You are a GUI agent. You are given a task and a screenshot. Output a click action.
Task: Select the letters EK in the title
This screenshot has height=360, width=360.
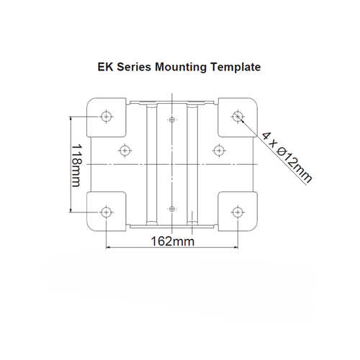[x=105, y=67]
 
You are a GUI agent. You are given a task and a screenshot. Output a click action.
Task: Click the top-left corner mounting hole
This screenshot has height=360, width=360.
[x=107, y=115]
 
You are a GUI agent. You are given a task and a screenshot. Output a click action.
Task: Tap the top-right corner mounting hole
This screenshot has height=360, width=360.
[x=238, y=115]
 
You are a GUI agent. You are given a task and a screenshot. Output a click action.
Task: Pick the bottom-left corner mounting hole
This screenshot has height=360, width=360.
[x=107, y=212]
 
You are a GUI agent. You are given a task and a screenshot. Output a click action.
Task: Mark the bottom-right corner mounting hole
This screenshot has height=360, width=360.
[x=238, y=212]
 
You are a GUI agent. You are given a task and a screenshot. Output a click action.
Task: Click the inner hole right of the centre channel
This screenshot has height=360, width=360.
[x=219, y=150]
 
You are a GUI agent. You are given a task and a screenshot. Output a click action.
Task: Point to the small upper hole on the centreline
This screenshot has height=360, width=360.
[x=172, y=119]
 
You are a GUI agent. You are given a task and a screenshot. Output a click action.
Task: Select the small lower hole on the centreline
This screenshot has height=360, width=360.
[x=172, y=208]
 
